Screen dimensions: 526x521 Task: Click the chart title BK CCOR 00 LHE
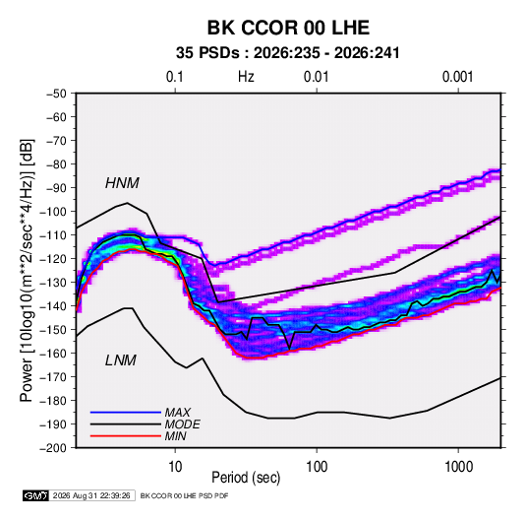pos(288,28)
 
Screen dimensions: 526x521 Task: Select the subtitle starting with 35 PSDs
pos(288,53)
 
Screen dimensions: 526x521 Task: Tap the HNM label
pos(122,183)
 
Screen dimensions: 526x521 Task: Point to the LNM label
pos(121,360)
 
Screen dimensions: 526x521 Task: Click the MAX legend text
pos(178,412)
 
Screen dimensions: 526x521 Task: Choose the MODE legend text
pos(183,424)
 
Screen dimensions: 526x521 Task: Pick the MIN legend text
pos(175,436)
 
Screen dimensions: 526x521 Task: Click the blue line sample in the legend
pos(126,412)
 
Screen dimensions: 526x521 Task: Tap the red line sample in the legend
pos(126,436)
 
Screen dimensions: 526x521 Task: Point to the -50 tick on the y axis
pos(56,94)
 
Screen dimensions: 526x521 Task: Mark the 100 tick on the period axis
pos(317,467)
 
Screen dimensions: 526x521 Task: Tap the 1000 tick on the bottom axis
pos(458,467)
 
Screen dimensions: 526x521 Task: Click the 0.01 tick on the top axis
pos(316,77)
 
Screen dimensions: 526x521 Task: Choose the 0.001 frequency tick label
pos(457,77)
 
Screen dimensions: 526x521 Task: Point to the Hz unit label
pos(246,77)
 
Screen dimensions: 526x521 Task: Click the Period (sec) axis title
pos(246,478)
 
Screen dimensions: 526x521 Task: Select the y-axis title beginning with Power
pos(27,270)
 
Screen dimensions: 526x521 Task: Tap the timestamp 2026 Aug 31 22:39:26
pos(91,495)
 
